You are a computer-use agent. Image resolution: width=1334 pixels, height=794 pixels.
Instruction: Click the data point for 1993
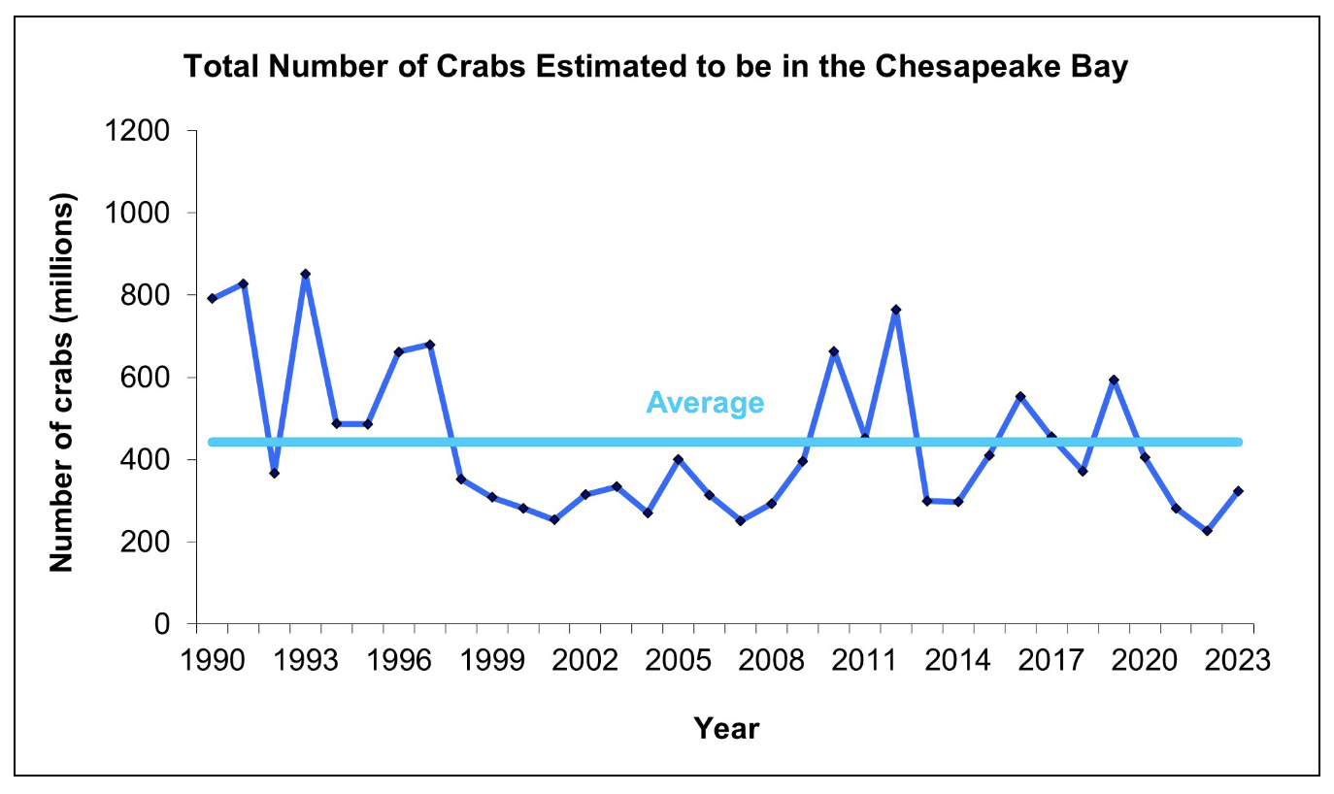pyautogui.click(x=305, y=274)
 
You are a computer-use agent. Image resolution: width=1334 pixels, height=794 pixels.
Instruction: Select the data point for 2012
pyautogui.click(x=896, y=310)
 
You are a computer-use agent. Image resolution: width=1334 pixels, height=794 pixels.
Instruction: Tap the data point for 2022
pyautogui.click(x=1207, y=531)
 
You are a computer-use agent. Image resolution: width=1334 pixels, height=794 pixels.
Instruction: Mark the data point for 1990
pyautogui.click(x=212, y=298)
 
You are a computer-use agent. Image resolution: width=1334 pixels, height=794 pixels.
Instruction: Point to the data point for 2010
pyautogui.click(x=834, y=351)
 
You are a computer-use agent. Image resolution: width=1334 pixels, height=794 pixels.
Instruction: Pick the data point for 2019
pyautogui.click(x=1114, y=380)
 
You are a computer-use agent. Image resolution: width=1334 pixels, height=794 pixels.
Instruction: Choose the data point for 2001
pyautogui.click(x=554, y=519)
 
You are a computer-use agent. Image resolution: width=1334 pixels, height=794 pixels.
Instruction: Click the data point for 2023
pyautogui.click(x=1238, y=491)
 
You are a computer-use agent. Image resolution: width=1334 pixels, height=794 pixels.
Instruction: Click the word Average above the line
pyautogui.click(x=706, y=402)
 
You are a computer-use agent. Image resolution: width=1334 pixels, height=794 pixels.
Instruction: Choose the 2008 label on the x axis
pyautogui.click(x=771, y=660)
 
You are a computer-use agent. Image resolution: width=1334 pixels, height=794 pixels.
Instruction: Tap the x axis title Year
pyautogui.click(x=726, y=728)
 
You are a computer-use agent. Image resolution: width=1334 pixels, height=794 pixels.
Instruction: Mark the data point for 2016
pyautogui.click(x=1020, y=396)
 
